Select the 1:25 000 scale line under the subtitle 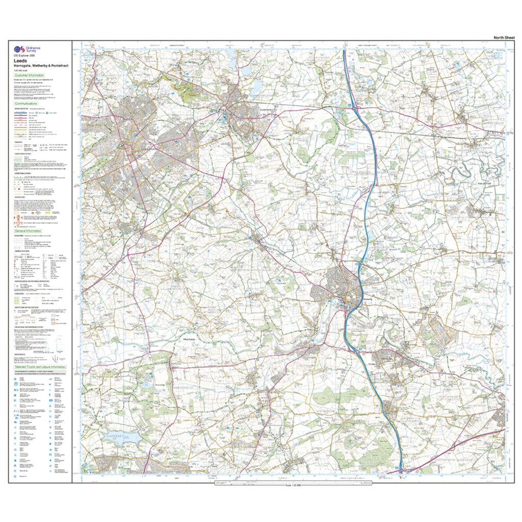(21, 71)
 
